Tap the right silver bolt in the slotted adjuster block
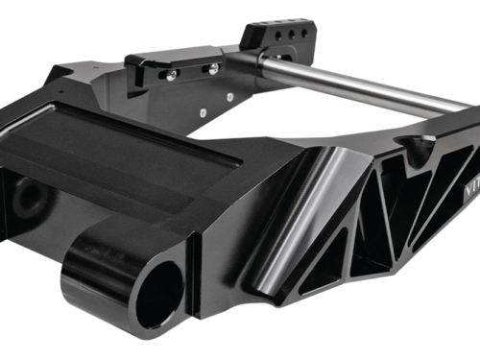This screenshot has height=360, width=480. click(211, 69)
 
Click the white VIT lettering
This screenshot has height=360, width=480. click(464, 165)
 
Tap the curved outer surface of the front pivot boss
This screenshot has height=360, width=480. click(96, 288)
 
